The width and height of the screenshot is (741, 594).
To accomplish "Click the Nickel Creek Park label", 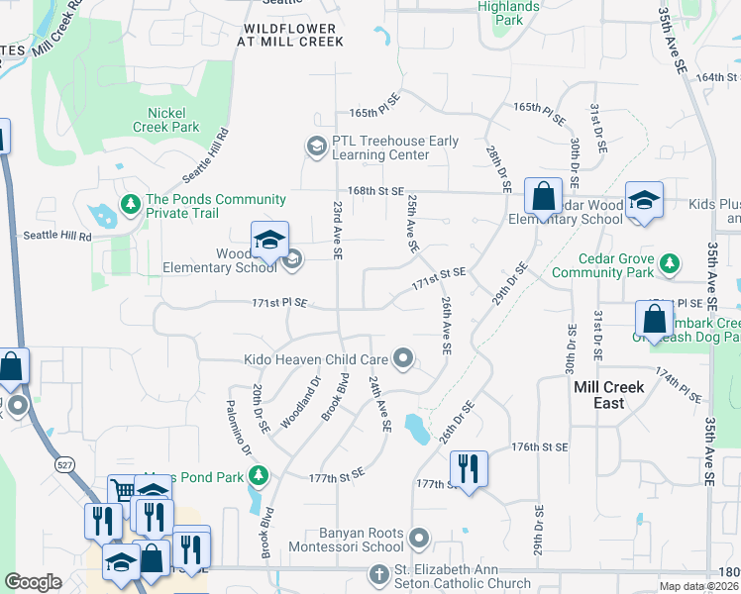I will pyautogui.click(x=166, y=120).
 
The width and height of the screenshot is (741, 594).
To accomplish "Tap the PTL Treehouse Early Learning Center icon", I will pyautogui.click(x=316, y=148).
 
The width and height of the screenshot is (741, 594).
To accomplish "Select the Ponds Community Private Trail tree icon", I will pyautogui.click(x=130, y=204).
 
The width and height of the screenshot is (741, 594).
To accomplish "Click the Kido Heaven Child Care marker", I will pyautogui.click(x=402, y=358).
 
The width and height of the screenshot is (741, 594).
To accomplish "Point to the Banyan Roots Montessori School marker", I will pyautogui.click(x=420, y=540).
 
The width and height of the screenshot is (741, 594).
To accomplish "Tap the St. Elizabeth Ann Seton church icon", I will pyautogui.click(x=377, y=574).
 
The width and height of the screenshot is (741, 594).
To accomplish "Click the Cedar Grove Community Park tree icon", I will pyautogui.click(x=671, y=263).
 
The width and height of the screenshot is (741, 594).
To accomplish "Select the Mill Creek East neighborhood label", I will pyautogui.click(x=608, y=395).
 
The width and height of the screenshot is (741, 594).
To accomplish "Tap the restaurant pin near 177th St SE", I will pyautogui.click(x=468, y=469).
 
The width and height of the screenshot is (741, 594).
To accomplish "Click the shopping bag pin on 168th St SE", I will pyautogui.click(x=543, y=197).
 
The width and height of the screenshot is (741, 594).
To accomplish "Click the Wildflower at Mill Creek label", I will pyautogui.click(x=292, y=36).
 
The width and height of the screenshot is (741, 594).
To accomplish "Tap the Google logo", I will pyautogui.click(x=34, y=582).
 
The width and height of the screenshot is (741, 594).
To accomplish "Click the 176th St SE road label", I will pyautogui.click(x=540, y=447).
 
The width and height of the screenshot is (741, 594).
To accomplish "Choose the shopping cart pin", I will pyautogui.click(x=123, y=491).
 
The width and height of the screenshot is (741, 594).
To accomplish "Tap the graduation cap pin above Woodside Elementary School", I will pyautogui.click(x=269, y=240).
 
